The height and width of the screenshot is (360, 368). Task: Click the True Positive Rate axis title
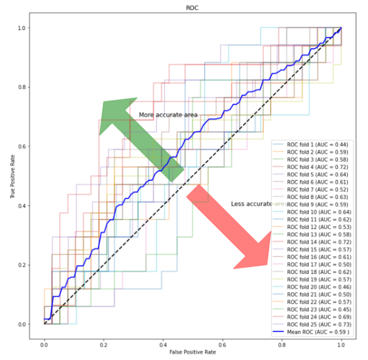[13, 176]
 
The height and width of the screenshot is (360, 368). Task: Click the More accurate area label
[168, 115]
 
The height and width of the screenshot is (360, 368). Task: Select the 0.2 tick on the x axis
[104, 345]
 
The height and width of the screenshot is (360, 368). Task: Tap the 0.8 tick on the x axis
[281, 345]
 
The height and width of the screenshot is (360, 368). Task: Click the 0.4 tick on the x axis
[163, 345]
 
